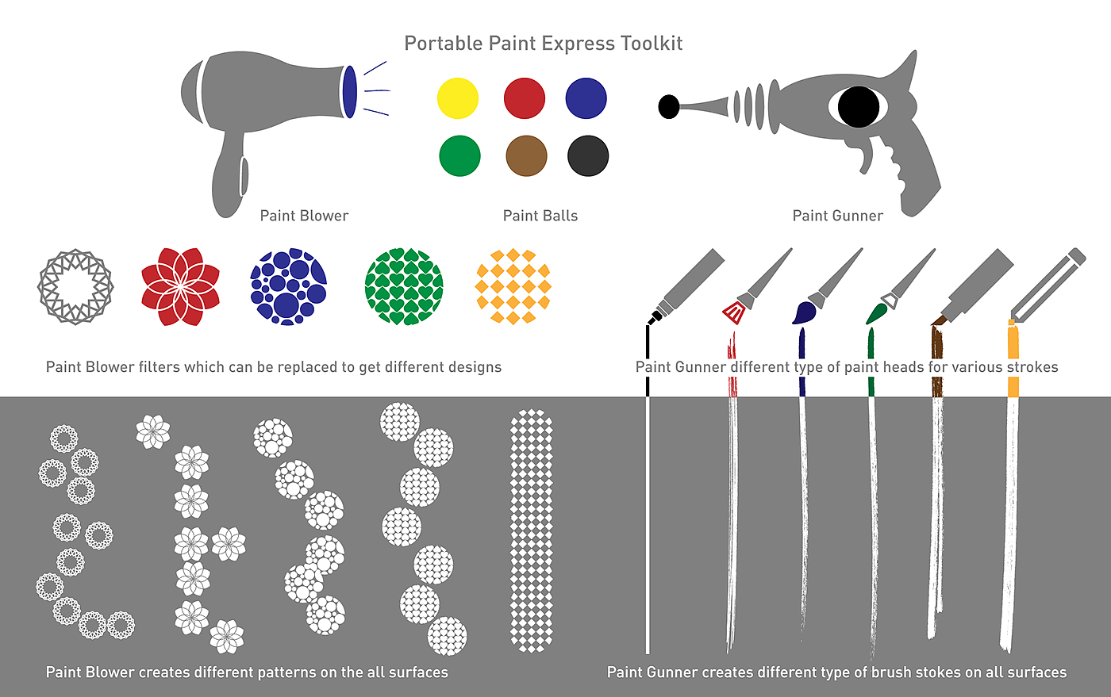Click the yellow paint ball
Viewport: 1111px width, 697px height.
[x=458, y=98]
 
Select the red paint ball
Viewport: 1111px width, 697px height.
[x=525, y=98]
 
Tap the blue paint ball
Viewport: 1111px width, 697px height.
[x=586, y=98]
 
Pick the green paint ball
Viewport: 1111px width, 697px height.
[x=459, y=155]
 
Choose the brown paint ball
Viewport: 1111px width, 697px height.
[x=526, y=155]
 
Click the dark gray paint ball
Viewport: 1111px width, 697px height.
[x=588, y=155]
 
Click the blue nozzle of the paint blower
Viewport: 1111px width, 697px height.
[x=348, y=92]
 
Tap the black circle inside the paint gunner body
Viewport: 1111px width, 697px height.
[x=859, y=106]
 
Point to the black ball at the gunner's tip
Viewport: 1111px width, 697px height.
[x=669, y=106]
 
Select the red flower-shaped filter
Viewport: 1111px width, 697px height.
[x=180, y=287]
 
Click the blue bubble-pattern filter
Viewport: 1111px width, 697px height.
[x=289, y=287]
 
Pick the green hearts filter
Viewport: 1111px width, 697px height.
[x=404, y=287]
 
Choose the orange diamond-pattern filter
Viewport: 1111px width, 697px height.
[x=513, y=287]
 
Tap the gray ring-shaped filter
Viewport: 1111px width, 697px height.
[x=75, y=287]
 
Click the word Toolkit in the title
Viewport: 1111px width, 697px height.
[x=652, y=44]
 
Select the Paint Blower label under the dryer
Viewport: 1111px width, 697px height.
[x=304, y=216]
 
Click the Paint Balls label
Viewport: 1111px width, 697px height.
[x=540, y=216]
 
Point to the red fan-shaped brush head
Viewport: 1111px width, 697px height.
[x=734, y=312]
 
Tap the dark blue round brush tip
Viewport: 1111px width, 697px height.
[x=804, y=313]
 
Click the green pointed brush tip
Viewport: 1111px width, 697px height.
[x=876, y=312]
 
